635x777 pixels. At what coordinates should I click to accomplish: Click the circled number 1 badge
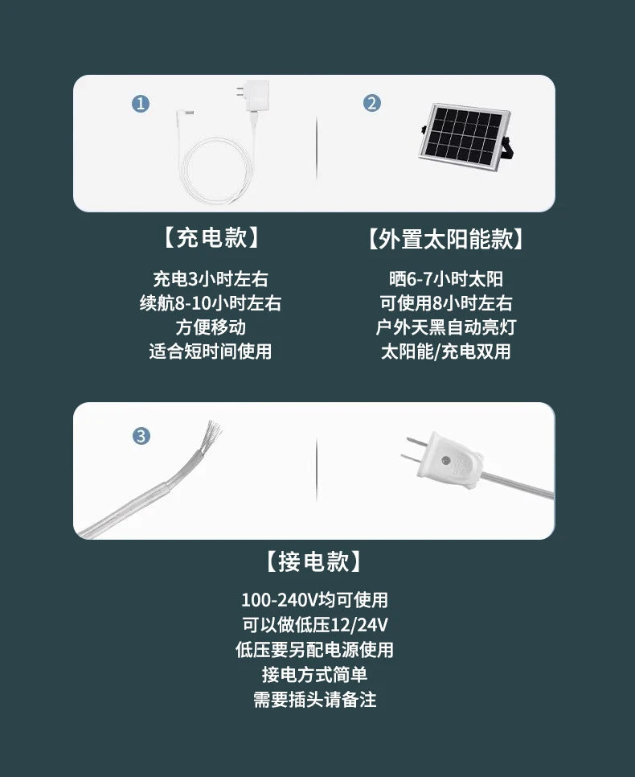pyautogui.click(x=141, y=104)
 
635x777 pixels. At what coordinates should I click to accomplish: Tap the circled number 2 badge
pyautogui.click(x=372, y=103)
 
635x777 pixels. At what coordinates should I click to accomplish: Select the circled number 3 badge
pyautogui.click(x=141, y=436)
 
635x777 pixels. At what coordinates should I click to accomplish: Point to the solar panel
pyautogui.click(x=464, y=134)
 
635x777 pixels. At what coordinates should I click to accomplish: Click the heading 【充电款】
pyautogui.click(x=211, y=238)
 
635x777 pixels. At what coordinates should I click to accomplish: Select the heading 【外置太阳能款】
pyautogui.click(x=445, y=239)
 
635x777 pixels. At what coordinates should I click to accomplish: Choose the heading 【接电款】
pyautogui.click(x=314, y=561)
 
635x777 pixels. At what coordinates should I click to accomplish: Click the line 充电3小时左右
pyautogui.click(x=211, y=279)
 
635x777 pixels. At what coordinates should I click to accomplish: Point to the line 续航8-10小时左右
pyautogui.click(x=211, y=303)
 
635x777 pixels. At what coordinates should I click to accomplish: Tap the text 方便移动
pyautogui.click(x=211, y=327)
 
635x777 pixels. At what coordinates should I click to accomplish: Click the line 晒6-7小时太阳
pyautogui.click(x=446, y=279)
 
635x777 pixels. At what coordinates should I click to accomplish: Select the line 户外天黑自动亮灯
pyautogui.click(x=446, y=327)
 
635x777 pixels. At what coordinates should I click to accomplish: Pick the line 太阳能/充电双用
pyautogui.click(x=446, y=351)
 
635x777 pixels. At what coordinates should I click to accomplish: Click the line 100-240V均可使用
pyautogui.click(x=314, y=600)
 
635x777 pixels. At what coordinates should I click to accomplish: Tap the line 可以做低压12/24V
pyautogui.click(x=314, y=625)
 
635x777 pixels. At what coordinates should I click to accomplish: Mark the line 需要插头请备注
pyautogui.click(x=314, y=700)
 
